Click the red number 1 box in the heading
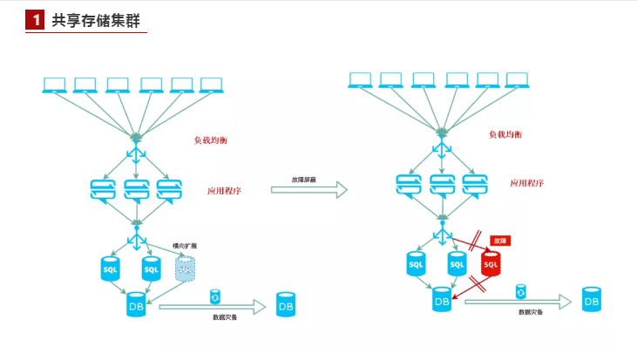pos(35,20)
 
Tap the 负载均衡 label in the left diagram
pos(210,139)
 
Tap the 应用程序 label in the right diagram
pos(527,183)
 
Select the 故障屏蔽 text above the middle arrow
pos(304,179)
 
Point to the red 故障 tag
pos(499,240)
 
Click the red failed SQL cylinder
pos(491,263)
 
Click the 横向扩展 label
pos(185,246)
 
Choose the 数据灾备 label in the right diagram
pos(530,312)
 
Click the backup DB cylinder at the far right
pos(592,299)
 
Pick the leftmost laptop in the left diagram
pos(54,85)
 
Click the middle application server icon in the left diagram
pos(137,189)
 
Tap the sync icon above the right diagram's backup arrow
pos(521,290)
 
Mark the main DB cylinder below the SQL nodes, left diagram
pos(136,305)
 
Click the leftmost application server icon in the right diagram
pos(410,185)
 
